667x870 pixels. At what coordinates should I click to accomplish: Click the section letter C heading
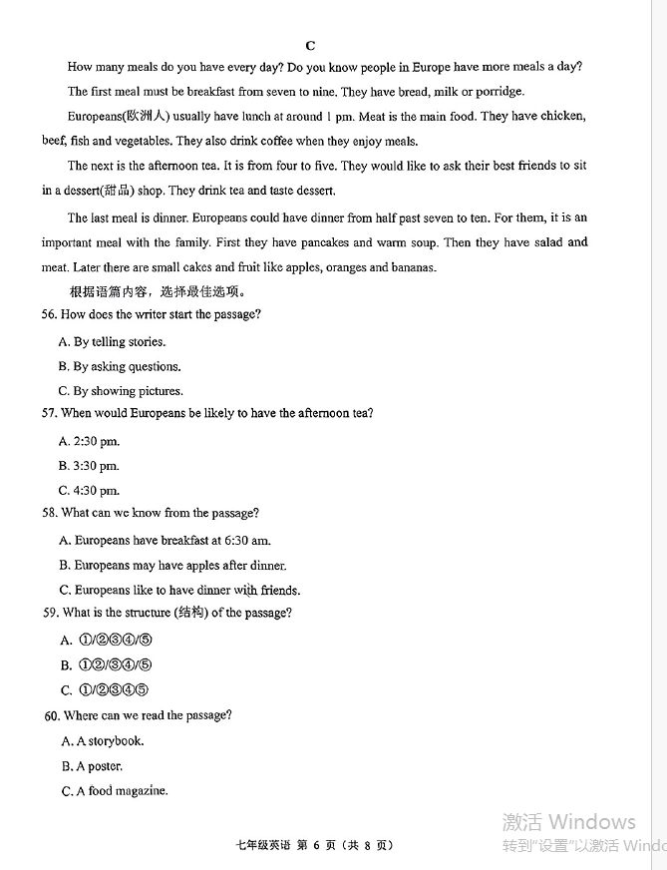pyautogui.click(x=310, y=45)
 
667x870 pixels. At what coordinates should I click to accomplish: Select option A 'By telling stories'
pyautogui.click(x=112, y=342)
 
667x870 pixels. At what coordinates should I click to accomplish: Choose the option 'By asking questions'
pyautogui.click(x=120, y=367)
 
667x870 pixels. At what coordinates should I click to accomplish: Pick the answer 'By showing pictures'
pyautogui.click(x=121, y=391)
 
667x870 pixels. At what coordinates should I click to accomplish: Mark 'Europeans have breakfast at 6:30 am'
pyautogui.click(x=166, y=541)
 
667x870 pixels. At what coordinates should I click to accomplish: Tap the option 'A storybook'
pyautogui.click(x=103, y=741)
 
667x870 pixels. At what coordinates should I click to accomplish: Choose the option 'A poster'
pyautogui.click(x=93, y=766)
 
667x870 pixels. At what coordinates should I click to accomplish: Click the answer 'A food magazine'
pyautogui.click(x=115, y=791)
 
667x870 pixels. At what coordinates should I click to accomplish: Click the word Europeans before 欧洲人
pyautogui.click(x=93, y=117)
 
